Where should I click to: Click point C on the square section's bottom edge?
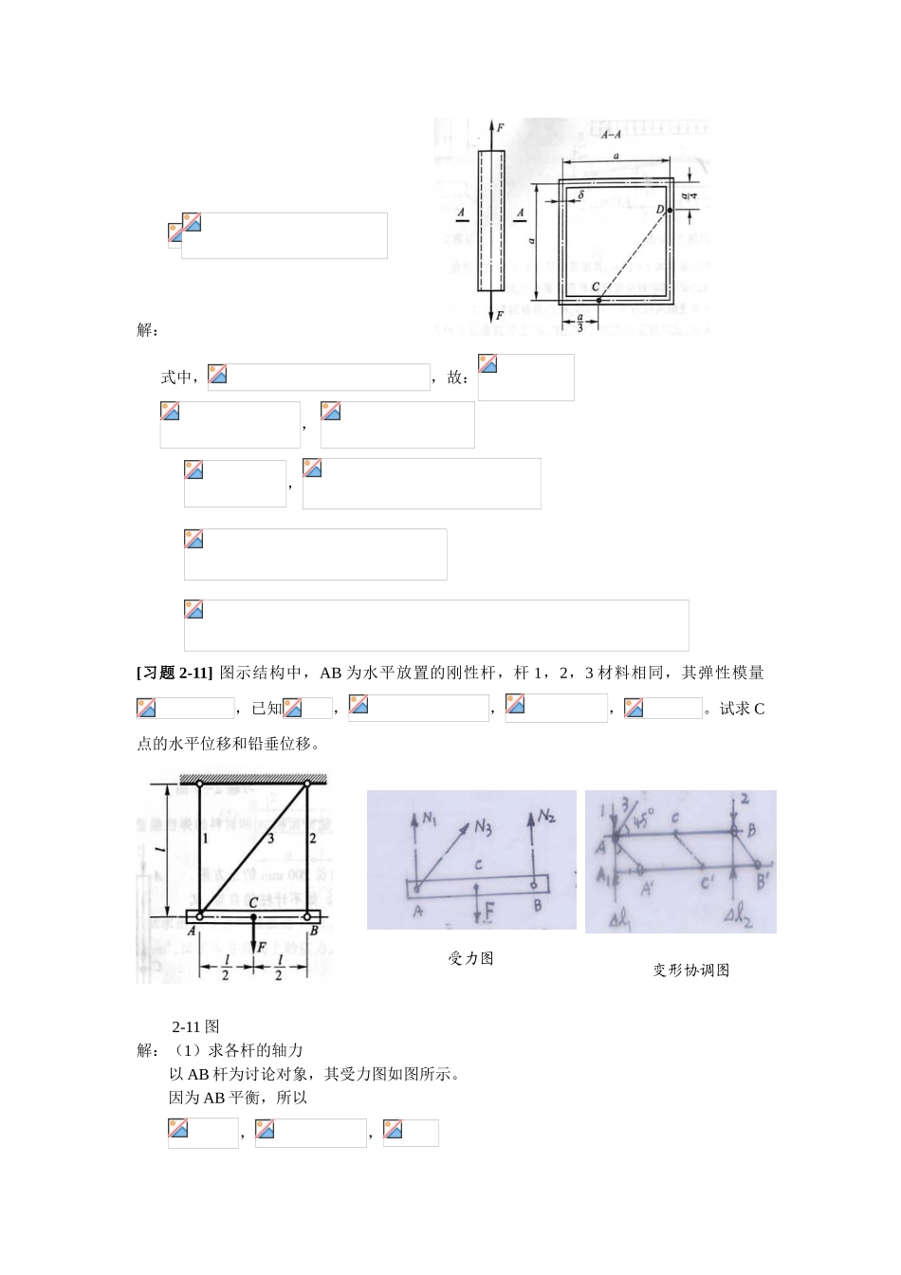pyautogui.click(x=598, y=299)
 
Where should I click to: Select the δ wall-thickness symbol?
pyautogui.click(x=580, y=194)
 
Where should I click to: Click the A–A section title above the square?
pyautogui.click(x=611, y=136)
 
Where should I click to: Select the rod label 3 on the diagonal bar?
pyautogui.click(x=270, y=838)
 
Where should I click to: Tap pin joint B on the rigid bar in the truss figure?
pyautogui.click(x=306, y=916)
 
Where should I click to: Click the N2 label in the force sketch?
pyautogui.click(x=547, y=816)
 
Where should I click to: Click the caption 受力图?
pyautogui.click(x=470, y=958)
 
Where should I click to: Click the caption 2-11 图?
pyautogui.click(x=196, y=1026)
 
